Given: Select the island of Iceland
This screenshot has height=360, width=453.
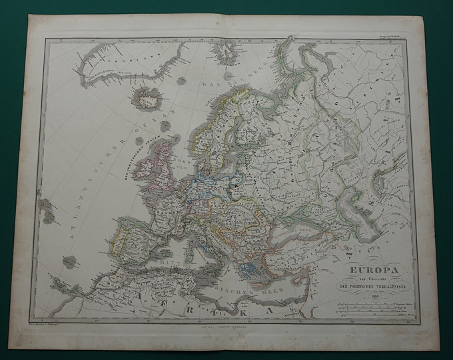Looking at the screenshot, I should click(147, 98).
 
